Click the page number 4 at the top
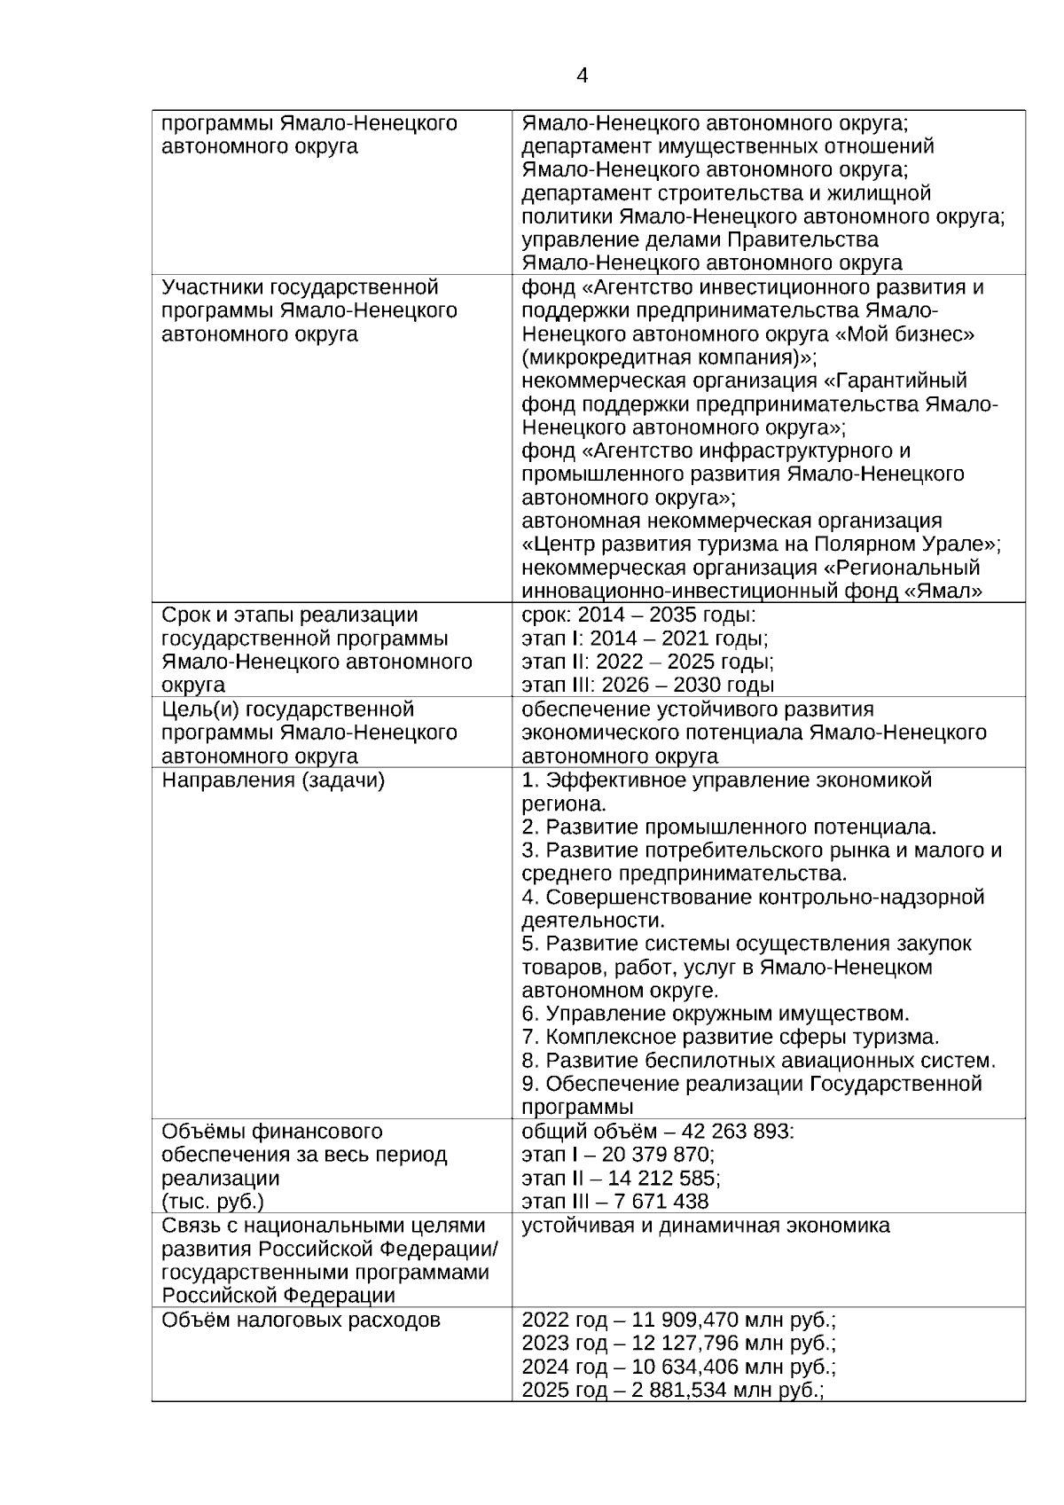(x=582, y=76)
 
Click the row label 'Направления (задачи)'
(x=272, y=780)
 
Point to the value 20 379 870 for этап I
(x=658, y=1155)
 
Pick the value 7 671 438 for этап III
(x=661, y=1202)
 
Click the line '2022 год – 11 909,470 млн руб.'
(x=678, y=1321)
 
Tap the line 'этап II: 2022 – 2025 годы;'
(x=647, y=662)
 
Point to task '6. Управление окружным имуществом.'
(x=716, y=1014)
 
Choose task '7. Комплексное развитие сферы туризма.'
(x=730, y=1037)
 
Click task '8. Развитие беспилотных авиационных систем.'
(x=759, y=1061)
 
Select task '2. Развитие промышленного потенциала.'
(x=729, y=827)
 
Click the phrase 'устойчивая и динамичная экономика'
(x=706, y=1226)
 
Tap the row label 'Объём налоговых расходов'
(x=301, y=1321)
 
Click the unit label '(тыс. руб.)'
(x=213, y=1202)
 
